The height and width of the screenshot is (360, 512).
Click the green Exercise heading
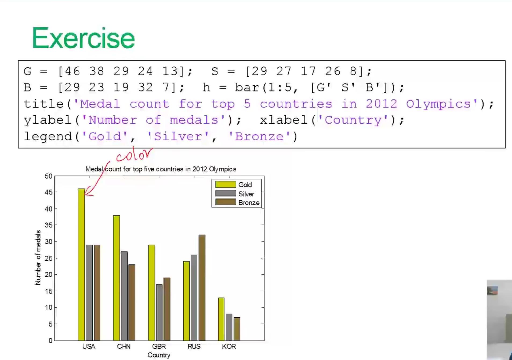pyautogui.click(x=83, y=38)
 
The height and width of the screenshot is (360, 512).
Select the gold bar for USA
pyautogui.click(x=81, y=265)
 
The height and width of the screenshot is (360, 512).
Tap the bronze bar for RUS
pyautogui.click(x=202, y=288)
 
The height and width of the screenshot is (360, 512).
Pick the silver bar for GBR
pyautogui.click(x=159, y=313)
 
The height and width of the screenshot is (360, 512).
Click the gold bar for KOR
pyautogui.click(x=221, y=319)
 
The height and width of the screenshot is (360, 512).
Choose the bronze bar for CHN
pyautogui.click(x=132, y=303)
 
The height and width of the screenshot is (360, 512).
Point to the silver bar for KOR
pyautogui.click(x=229, y=327)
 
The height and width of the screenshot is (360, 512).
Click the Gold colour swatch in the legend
pyautogui.click(x=226, y=185)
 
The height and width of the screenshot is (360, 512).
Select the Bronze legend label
pyautogui.click(x=249, y=203)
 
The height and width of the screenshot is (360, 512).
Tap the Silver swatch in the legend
pyautogui.click(x=226, y=193)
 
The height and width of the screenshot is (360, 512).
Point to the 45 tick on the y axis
pyautogui.click(x=49, y=192)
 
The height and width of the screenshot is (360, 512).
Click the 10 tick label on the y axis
pyautogui.click(x=49, y=307)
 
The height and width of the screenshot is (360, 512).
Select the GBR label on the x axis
pyautogui.click(x=159, y=346)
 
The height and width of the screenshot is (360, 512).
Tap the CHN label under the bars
pyautogui.click(x=124, y=346)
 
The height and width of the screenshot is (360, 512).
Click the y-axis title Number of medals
pyautogui.click(x=38, y=258)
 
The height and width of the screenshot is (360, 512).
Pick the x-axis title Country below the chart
pyautogui.click(x=159, y=355)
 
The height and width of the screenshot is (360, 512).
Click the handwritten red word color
pyautogui.click(x=134, y=155)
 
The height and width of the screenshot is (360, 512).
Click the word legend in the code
pyautogui.click(x=48, y=137)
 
